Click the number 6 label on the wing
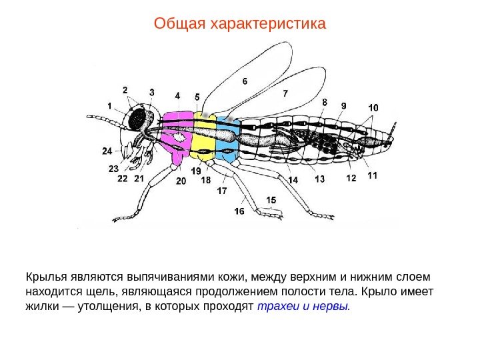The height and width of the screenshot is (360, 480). coord(245,81)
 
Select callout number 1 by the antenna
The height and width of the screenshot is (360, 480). coord(109,105)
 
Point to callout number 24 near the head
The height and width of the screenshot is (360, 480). coord(107,151)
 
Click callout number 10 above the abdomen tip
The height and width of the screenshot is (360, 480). coord(373,107)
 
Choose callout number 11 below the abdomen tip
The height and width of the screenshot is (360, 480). coord(372,175)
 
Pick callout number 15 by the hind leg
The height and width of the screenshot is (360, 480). coord(271,200)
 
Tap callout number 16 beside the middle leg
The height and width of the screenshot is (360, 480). coord(239,211)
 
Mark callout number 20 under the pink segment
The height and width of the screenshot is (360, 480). coord(181,181)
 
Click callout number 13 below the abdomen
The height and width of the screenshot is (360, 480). coord(320,179)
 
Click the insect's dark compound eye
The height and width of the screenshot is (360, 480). coord(139,120)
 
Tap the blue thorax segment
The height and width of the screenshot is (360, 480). coord(227,139)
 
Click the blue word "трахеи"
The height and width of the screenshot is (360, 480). coord(277,307)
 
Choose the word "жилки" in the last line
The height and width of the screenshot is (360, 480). coord(41,307)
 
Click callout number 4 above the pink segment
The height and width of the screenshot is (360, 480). coord(178,95)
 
